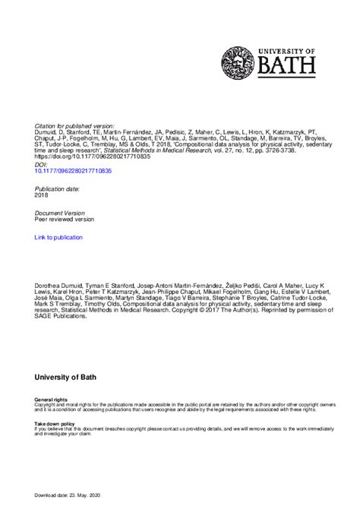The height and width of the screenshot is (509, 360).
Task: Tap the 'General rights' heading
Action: [50, 399]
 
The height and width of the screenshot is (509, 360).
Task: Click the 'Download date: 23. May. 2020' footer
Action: [77, 495]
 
